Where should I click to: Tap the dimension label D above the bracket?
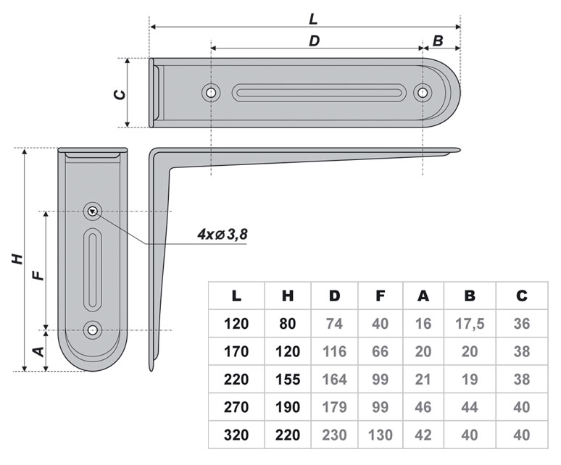point(314,41)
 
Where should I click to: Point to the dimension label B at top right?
point(439,41)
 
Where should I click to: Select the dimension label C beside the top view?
point(121,93)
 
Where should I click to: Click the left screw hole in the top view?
point(211,93)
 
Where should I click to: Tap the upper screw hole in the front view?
point(92,211)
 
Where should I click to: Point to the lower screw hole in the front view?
point(92,330)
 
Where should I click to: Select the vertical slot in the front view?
point(93,269)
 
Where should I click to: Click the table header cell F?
point(381,296)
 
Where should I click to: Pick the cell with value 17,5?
point(470,324)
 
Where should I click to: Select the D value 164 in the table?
point(334,380)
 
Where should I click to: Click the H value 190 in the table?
point(287,408)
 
